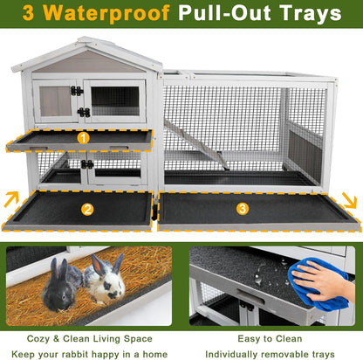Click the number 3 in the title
[31, 15]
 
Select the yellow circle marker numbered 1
[84, 137]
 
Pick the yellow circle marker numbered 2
[87, 210]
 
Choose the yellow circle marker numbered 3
[243, 208]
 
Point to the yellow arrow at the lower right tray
[347, 200]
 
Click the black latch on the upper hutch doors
[78, 91]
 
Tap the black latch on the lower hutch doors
[87, 164]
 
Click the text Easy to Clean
[272, 339]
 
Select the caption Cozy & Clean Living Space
[91, 339]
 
